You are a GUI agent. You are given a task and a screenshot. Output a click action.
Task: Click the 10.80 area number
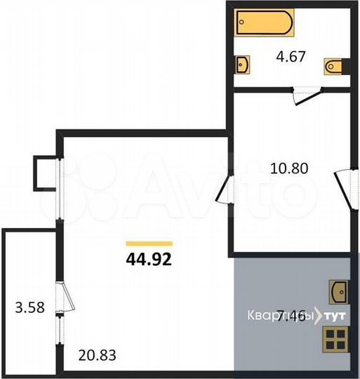[289, 168]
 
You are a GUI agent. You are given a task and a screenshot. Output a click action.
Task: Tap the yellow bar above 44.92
[148, 244]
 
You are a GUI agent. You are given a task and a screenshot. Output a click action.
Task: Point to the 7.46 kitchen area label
[292, 317]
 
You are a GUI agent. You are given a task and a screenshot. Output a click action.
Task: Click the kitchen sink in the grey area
[338, 288]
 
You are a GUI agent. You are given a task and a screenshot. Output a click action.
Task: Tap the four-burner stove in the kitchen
[335, 343]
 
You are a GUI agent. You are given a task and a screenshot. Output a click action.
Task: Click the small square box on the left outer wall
[44, 173]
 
